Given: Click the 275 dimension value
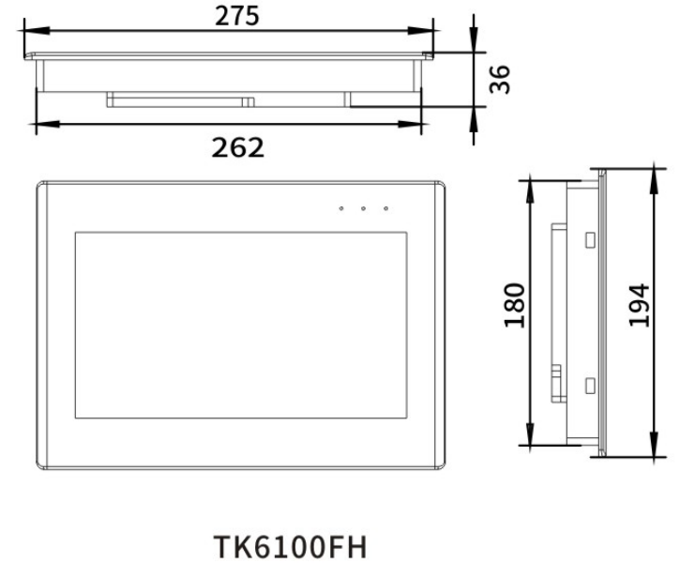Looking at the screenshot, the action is (236, 16).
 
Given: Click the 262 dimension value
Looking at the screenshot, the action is (237, 147).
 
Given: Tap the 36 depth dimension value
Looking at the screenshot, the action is (500, 80).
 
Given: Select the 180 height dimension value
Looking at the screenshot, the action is (515, 305).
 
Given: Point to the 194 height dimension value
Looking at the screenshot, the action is (639, 305).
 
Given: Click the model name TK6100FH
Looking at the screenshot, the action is (291, 547).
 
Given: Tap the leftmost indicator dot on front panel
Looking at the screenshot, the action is (340, 208).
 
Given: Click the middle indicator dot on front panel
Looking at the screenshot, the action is (364, 208).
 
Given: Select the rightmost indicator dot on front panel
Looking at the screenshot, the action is (386, 208).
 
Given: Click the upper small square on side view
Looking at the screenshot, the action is (590, 240).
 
